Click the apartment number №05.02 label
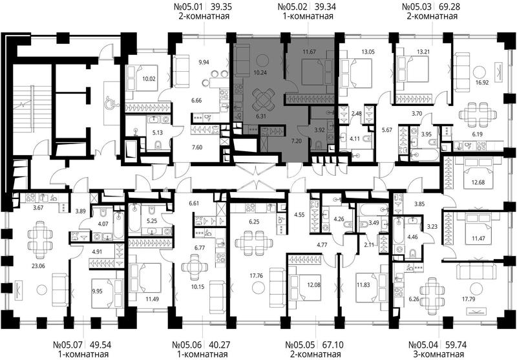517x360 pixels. [293, 6]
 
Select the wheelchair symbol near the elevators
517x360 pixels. [109, 103]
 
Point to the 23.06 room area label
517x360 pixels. [38, 266]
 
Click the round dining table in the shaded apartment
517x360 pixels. [263, 100]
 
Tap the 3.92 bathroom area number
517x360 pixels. [319, 130]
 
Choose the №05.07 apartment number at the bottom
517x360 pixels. [69, 345]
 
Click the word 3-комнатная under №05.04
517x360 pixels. [439, 355]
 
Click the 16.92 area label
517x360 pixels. [481, 83]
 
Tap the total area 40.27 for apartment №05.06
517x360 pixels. [220, 345]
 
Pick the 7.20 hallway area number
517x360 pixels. [297, 141]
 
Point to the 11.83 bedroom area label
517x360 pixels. [363, 285]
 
